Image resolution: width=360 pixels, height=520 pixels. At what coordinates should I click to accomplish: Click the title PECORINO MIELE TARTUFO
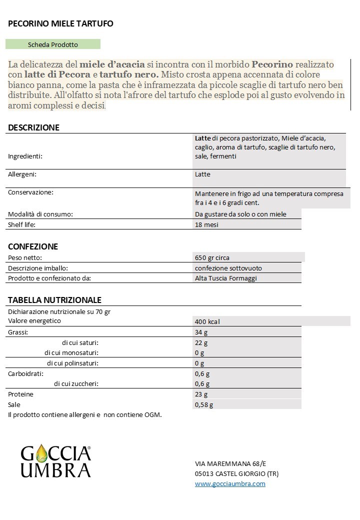60,23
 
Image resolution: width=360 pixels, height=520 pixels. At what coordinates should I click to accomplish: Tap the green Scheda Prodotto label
53,44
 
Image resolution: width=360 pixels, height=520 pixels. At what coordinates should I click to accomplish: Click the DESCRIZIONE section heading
33,127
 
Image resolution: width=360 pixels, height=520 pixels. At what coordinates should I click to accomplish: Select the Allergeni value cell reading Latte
202,174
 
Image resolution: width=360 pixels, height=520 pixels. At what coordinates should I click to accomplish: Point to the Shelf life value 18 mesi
206,224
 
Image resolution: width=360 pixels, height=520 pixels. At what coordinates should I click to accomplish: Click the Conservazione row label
30,192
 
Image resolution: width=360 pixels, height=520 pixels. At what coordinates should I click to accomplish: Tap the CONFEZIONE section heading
33,246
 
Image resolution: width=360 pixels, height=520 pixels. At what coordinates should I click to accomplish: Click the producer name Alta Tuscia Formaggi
225,278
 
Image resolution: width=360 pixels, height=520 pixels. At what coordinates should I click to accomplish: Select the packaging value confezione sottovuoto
228,268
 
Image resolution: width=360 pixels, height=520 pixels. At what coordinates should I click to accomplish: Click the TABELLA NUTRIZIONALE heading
54,300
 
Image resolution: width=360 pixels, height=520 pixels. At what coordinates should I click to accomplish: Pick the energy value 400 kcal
207,321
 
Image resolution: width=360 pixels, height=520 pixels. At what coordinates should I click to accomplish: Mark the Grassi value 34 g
201,332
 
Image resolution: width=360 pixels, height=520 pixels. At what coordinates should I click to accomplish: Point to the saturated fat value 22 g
201,342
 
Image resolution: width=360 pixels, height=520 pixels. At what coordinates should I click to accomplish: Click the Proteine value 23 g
201,394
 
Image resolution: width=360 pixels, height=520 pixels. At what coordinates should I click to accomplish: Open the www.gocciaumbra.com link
230,483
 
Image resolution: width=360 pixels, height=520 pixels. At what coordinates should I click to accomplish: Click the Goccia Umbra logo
55,461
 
